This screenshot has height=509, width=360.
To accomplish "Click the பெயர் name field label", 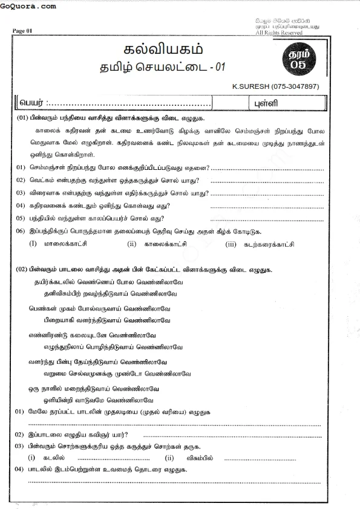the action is pyautogui.click(x=32, y=102).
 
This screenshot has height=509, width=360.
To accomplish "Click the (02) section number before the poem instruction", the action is pyautogui.click(x=22, y=268).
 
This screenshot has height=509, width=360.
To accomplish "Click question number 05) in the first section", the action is pyautogui.click(x=20, y=218).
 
